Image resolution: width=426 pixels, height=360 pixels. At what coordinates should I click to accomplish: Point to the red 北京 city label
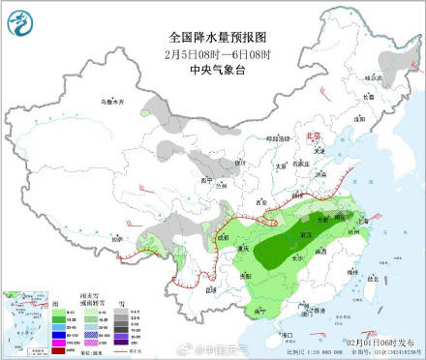point(312,136)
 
